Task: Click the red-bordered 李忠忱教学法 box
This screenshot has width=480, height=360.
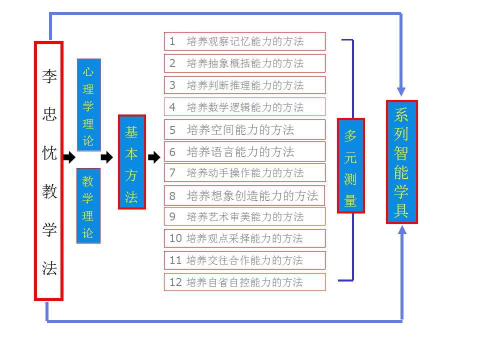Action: pos(48,171)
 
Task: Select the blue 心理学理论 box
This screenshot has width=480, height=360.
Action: pos(88,104)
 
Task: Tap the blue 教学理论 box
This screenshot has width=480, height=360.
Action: pos(88,205)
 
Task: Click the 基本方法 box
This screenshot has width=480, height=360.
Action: pos(131,162)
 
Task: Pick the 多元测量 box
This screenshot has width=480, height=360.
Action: pos(350,165)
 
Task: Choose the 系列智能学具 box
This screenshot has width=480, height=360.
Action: pos(401,162)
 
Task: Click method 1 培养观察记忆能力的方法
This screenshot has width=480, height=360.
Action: pos(244,41)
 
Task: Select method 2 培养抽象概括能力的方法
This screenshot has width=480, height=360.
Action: pos(244,63)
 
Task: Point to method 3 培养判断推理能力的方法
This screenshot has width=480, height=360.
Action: pos(244,85)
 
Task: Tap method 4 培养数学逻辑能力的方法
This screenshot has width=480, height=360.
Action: pos(244,107)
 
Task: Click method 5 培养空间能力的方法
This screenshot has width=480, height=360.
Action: pos(244,129)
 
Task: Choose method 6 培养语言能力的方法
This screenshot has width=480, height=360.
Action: pos(244,151)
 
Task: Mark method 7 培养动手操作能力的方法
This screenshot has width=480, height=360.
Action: pos(244,173)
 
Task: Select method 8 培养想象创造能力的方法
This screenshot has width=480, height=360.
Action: pos(244,195)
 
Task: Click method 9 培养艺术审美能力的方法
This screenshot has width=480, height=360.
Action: pos(244,216)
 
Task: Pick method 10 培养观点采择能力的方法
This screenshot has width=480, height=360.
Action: pos(244,238)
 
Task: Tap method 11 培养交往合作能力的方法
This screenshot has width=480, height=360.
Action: pos(244,260)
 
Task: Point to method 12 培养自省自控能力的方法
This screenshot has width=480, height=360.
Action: pos(244,282)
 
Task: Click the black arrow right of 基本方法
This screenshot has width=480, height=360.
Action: pos(154,158)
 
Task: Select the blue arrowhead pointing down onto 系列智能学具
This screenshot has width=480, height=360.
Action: pos(401,91)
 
